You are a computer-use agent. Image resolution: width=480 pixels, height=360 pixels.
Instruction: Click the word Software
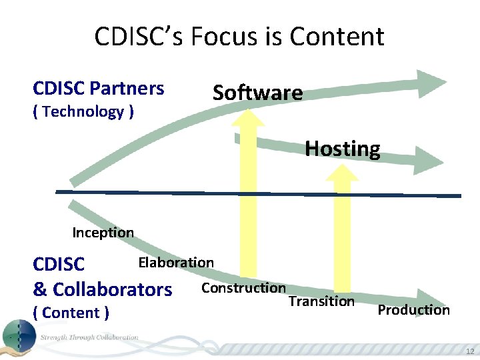257,93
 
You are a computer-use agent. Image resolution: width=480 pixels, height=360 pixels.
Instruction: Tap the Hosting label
343,148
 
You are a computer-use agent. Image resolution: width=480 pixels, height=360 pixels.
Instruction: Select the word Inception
103,233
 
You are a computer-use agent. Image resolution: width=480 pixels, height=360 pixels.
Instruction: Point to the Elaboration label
176,263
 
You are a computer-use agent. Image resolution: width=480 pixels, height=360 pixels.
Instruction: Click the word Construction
243,288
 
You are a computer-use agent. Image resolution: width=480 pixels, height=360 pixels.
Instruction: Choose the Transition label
321,301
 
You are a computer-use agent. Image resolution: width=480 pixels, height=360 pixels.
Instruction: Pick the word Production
413,310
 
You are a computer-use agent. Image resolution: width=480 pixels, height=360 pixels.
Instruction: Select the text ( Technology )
83,111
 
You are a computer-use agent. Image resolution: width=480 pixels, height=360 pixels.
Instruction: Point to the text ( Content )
71,312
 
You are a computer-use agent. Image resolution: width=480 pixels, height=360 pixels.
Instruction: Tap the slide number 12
470,352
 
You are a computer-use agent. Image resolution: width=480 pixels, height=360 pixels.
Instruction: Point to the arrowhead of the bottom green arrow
430,298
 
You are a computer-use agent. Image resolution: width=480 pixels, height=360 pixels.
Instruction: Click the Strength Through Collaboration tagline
89,337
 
